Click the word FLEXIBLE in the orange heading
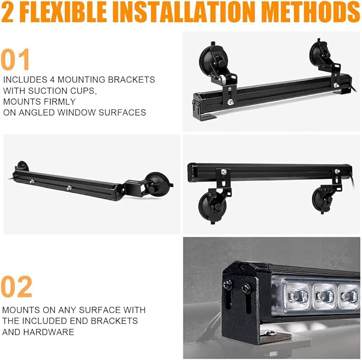point(63,12)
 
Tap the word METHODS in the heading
point(311,12)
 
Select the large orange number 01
point(15,59)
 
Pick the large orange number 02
point(17,286)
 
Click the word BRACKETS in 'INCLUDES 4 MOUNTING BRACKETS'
point(131,79)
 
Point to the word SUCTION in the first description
point(48,91)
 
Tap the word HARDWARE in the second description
point(49,332)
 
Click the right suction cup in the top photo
point(318,53)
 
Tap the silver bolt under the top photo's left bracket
point(230,102)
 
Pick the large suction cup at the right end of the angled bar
point(158,185)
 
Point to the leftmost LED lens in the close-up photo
point(297,296)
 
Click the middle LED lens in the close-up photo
point(324,296)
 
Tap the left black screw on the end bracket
point(228,284)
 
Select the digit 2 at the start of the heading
point(7,12)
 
